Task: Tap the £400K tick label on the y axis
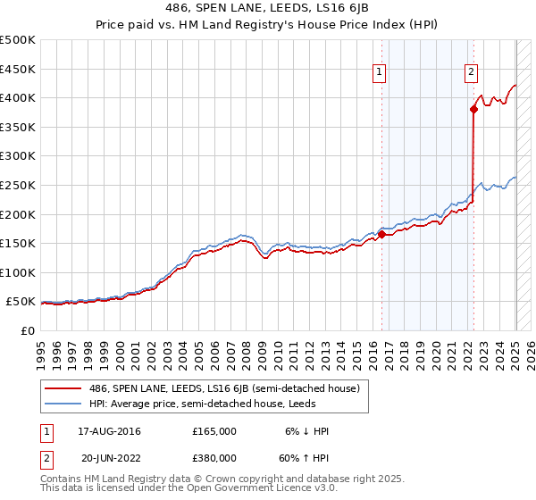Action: click(x=18, y=97)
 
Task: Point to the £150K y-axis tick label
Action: click(x=18, y=243)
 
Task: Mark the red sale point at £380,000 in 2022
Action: click(x=473, y=109)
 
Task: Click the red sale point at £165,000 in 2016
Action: click(x=381, y=235)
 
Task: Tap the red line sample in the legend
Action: click(x=63, y=388)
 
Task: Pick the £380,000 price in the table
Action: click(x=214, y=457)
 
